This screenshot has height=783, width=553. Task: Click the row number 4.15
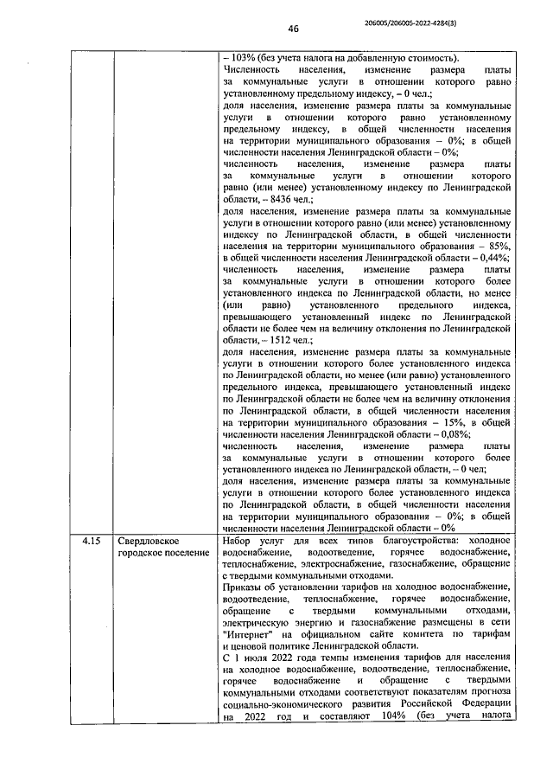[91, 540]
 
